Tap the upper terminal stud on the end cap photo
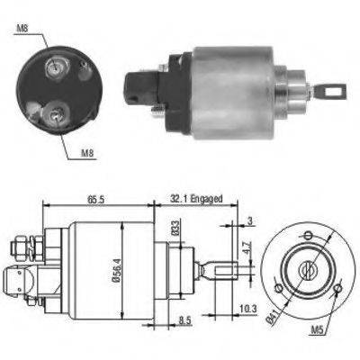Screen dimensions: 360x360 [58, 64]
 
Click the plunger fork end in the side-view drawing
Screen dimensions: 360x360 [221, 269]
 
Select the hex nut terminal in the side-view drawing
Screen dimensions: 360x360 [23, 246]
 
